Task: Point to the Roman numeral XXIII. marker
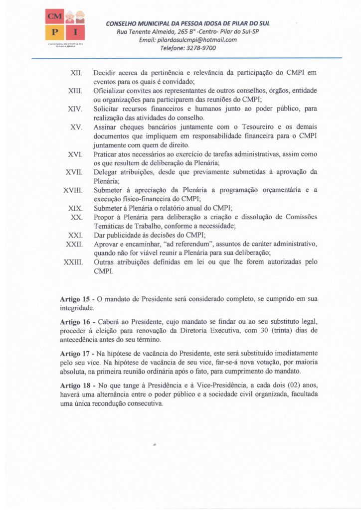(x=73, y=262)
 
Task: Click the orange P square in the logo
(x=54, y=33)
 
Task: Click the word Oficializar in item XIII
(x=111, y=91)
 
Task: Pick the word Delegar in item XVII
(x=107, y=172)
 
